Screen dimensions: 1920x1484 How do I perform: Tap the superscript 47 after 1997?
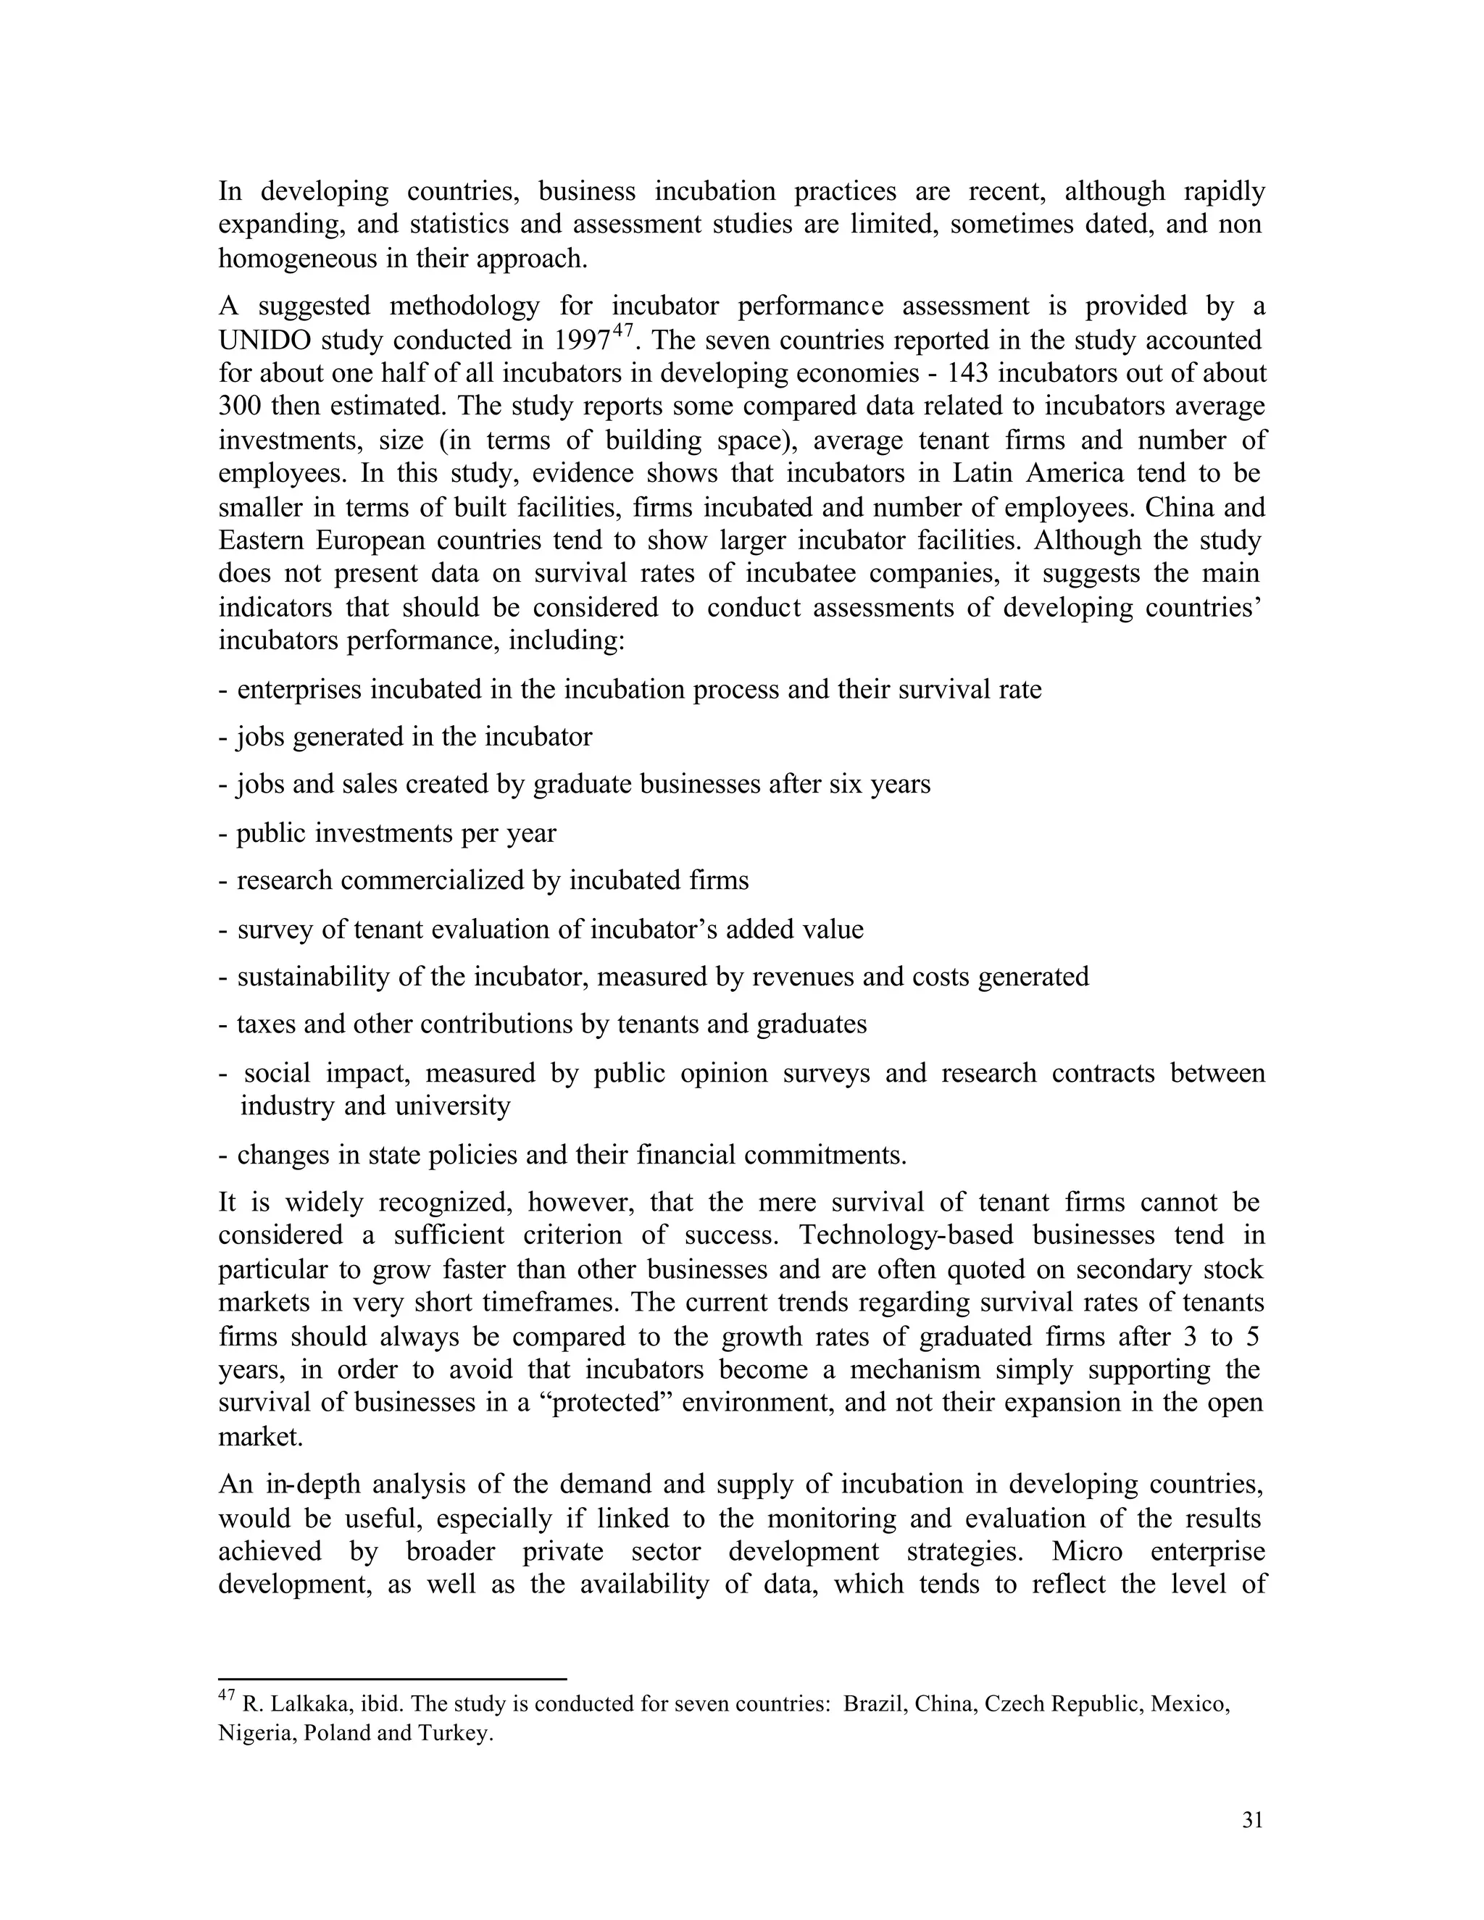click(x=623, y=330)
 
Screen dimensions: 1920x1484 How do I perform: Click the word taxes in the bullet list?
click(x=263, y=1024)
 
